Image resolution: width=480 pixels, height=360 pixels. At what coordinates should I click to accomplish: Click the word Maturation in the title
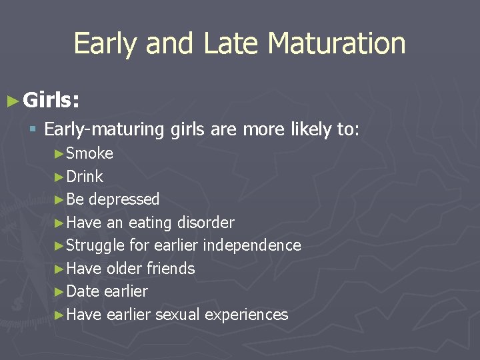(x=336, y=44)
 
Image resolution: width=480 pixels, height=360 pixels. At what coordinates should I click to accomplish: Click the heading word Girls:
(x=51, y=101)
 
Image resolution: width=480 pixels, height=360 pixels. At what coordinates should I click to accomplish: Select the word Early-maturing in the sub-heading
(x=104, y=129)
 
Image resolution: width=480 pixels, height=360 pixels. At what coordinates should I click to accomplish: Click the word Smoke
(x=90, y=153)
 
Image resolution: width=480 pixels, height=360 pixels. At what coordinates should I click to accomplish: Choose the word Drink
(x=85, y=177)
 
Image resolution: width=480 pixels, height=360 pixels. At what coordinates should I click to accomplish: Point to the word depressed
(x=124, y=199)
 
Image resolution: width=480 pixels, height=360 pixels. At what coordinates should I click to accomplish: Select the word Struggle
(x=95, y=245)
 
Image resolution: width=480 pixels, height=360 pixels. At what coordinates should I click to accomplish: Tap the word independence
(x=252, y=245)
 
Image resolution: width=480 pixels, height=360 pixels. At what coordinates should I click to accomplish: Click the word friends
(x=172, y=269)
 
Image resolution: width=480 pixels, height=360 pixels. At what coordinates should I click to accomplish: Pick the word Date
(x=83, y=291)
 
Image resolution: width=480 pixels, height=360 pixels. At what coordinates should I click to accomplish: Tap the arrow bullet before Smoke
(x=59, y=154)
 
